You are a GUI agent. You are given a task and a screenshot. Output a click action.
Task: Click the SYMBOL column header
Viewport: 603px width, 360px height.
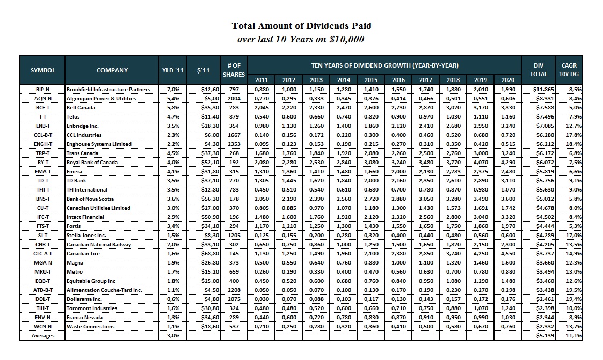tap(42, 70)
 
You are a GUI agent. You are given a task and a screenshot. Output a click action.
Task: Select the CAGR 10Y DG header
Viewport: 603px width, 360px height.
tap(569, 70)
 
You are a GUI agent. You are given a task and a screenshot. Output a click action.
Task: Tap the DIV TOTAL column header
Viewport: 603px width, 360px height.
tap(539, 70)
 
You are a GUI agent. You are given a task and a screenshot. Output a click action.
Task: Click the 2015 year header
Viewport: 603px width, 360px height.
tap(372, 80)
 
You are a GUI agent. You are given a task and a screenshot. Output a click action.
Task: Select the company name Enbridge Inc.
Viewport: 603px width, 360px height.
tap(84, 126)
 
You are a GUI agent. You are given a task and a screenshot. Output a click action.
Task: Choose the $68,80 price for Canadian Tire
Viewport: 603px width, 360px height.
tap(205, 253)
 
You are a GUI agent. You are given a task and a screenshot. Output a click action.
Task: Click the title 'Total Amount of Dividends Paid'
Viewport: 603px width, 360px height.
tap(301, 26)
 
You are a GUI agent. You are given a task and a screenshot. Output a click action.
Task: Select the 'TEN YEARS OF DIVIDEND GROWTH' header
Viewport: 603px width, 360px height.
tap(384, 65)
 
